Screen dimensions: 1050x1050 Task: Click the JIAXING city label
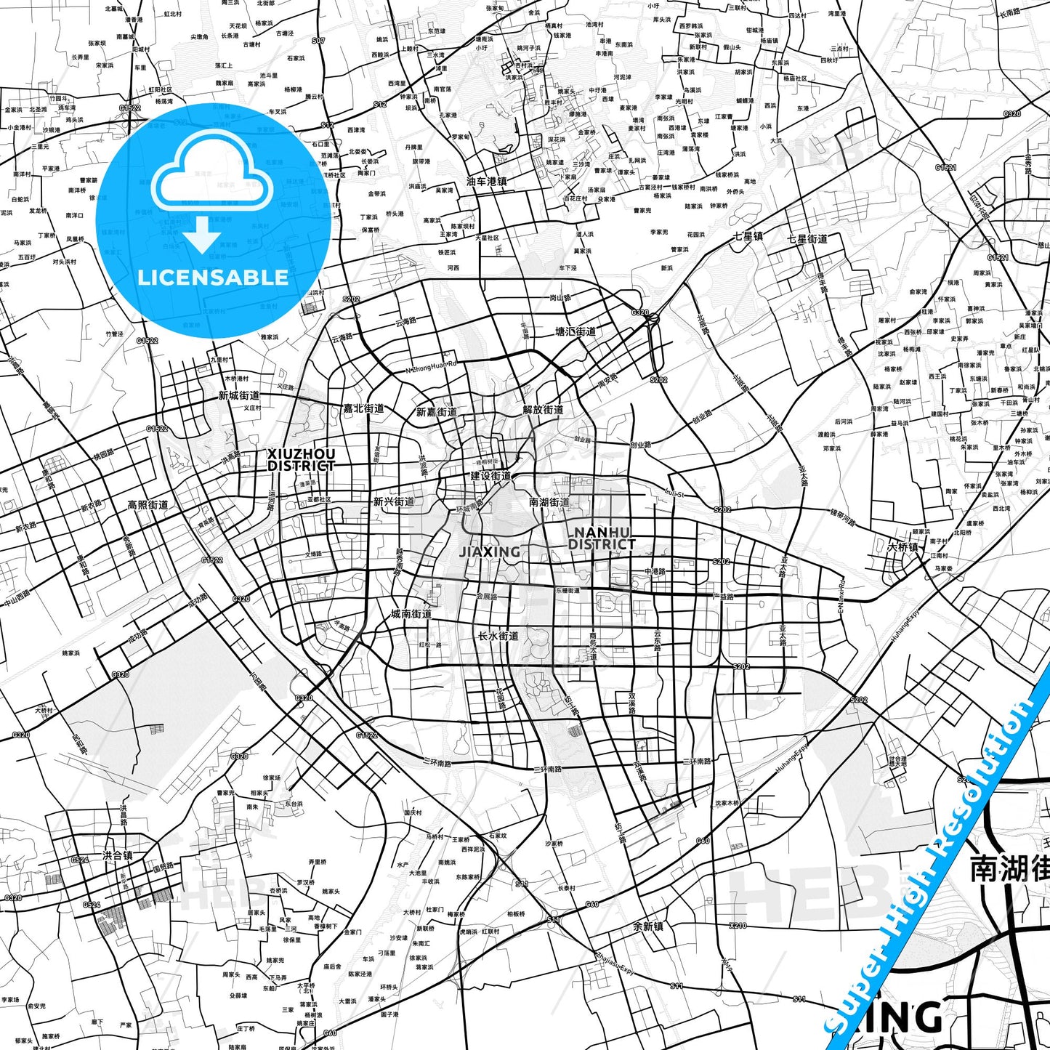click(490, 552)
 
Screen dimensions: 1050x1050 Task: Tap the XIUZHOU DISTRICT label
click(301, 459)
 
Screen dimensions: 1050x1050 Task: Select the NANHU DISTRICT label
click(602, 538)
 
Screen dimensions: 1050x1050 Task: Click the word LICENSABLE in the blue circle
click(213, 278)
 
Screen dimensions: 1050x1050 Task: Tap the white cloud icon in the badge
click(213, 174)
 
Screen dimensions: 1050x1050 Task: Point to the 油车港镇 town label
click(486, 182)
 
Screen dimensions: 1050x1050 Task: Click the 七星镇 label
click(747, 236)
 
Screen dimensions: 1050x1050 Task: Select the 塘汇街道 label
click(576, 331)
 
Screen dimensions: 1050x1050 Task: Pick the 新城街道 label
click(239, 396)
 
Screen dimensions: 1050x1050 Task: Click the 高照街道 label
click(148, 505)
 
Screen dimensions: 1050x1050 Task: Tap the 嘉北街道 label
click(363, 409)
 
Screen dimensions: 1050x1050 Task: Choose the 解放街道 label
click(543, 410)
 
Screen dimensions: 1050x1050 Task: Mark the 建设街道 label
click(490, 476)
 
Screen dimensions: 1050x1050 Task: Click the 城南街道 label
click(411, 614)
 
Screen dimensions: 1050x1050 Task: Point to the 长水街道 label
click(498, 636)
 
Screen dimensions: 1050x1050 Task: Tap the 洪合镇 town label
click(118, 855)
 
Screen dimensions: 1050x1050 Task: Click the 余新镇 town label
click(647, 926)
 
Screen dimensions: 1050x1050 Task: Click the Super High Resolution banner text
click(937, 861)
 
